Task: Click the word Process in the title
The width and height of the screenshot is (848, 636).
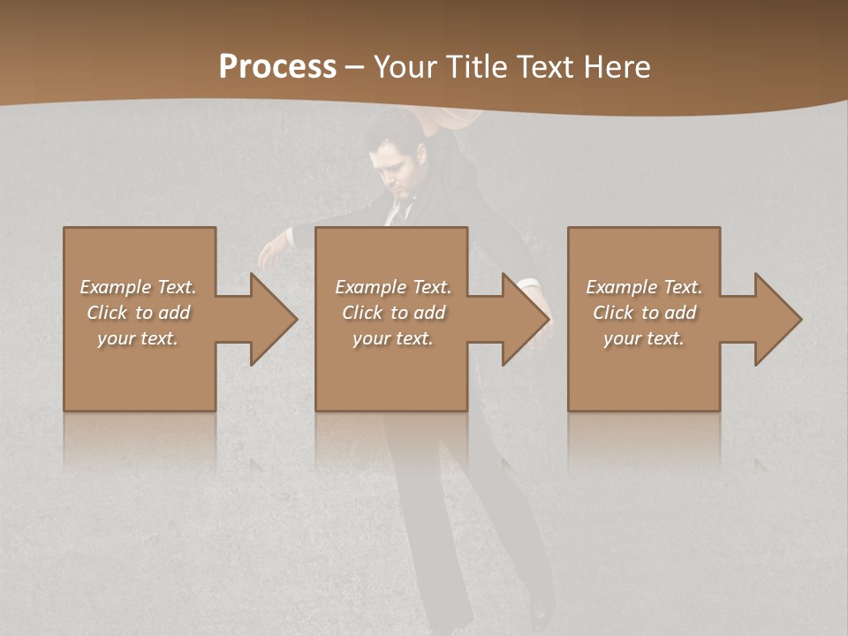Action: coord(277,67)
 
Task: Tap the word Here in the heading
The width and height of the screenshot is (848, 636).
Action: coord(615,67)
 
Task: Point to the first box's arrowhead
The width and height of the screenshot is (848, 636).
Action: coord(273,319)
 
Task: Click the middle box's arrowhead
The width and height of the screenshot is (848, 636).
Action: coord(526,319)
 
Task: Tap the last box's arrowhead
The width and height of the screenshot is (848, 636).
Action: coord(777,319)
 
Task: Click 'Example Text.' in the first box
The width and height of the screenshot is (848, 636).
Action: coord(138,287)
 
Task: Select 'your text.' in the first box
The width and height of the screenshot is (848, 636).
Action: coord(138,338)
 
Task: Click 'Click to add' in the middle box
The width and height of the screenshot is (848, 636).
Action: coord(393,313)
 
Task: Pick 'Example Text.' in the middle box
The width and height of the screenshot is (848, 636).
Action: coord(393,287)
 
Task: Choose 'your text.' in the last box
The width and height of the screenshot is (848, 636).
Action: coord(644,338)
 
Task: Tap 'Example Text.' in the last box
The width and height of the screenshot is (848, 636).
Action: coord(644,287)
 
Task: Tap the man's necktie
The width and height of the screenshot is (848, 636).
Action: coord(402,212)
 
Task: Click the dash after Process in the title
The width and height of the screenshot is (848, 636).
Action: coord(355,67)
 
